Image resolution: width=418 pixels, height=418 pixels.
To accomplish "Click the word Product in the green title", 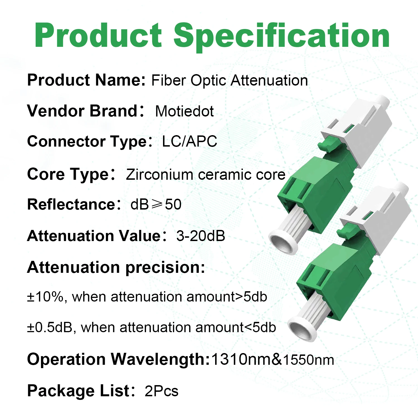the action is [x=98, y=35].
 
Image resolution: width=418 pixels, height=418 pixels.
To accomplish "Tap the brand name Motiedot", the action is [x=184, y=111].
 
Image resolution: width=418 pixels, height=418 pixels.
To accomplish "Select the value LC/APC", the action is [x=189, y=141].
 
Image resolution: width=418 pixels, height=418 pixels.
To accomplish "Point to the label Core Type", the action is [x=68, y=174].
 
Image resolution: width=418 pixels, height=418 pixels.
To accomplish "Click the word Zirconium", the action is [x=159, y=175].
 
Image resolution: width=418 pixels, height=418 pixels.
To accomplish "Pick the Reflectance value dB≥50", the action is [x=156, y=204].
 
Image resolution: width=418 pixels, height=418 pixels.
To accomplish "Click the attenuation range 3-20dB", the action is [x=201, y=236].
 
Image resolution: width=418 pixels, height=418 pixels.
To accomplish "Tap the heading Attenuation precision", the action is [x=116, y=268].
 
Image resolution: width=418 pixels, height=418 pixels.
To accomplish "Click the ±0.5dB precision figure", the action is [x=50, y=327].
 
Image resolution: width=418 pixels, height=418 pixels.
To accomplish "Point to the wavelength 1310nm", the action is [x=241, y=359].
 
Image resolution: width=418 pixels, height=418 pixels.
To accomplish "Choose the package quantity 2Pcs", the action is [x=161, y=391].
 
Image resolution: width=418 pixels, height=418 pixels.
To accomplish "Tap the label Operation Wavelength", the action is [x=118, y=359].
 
